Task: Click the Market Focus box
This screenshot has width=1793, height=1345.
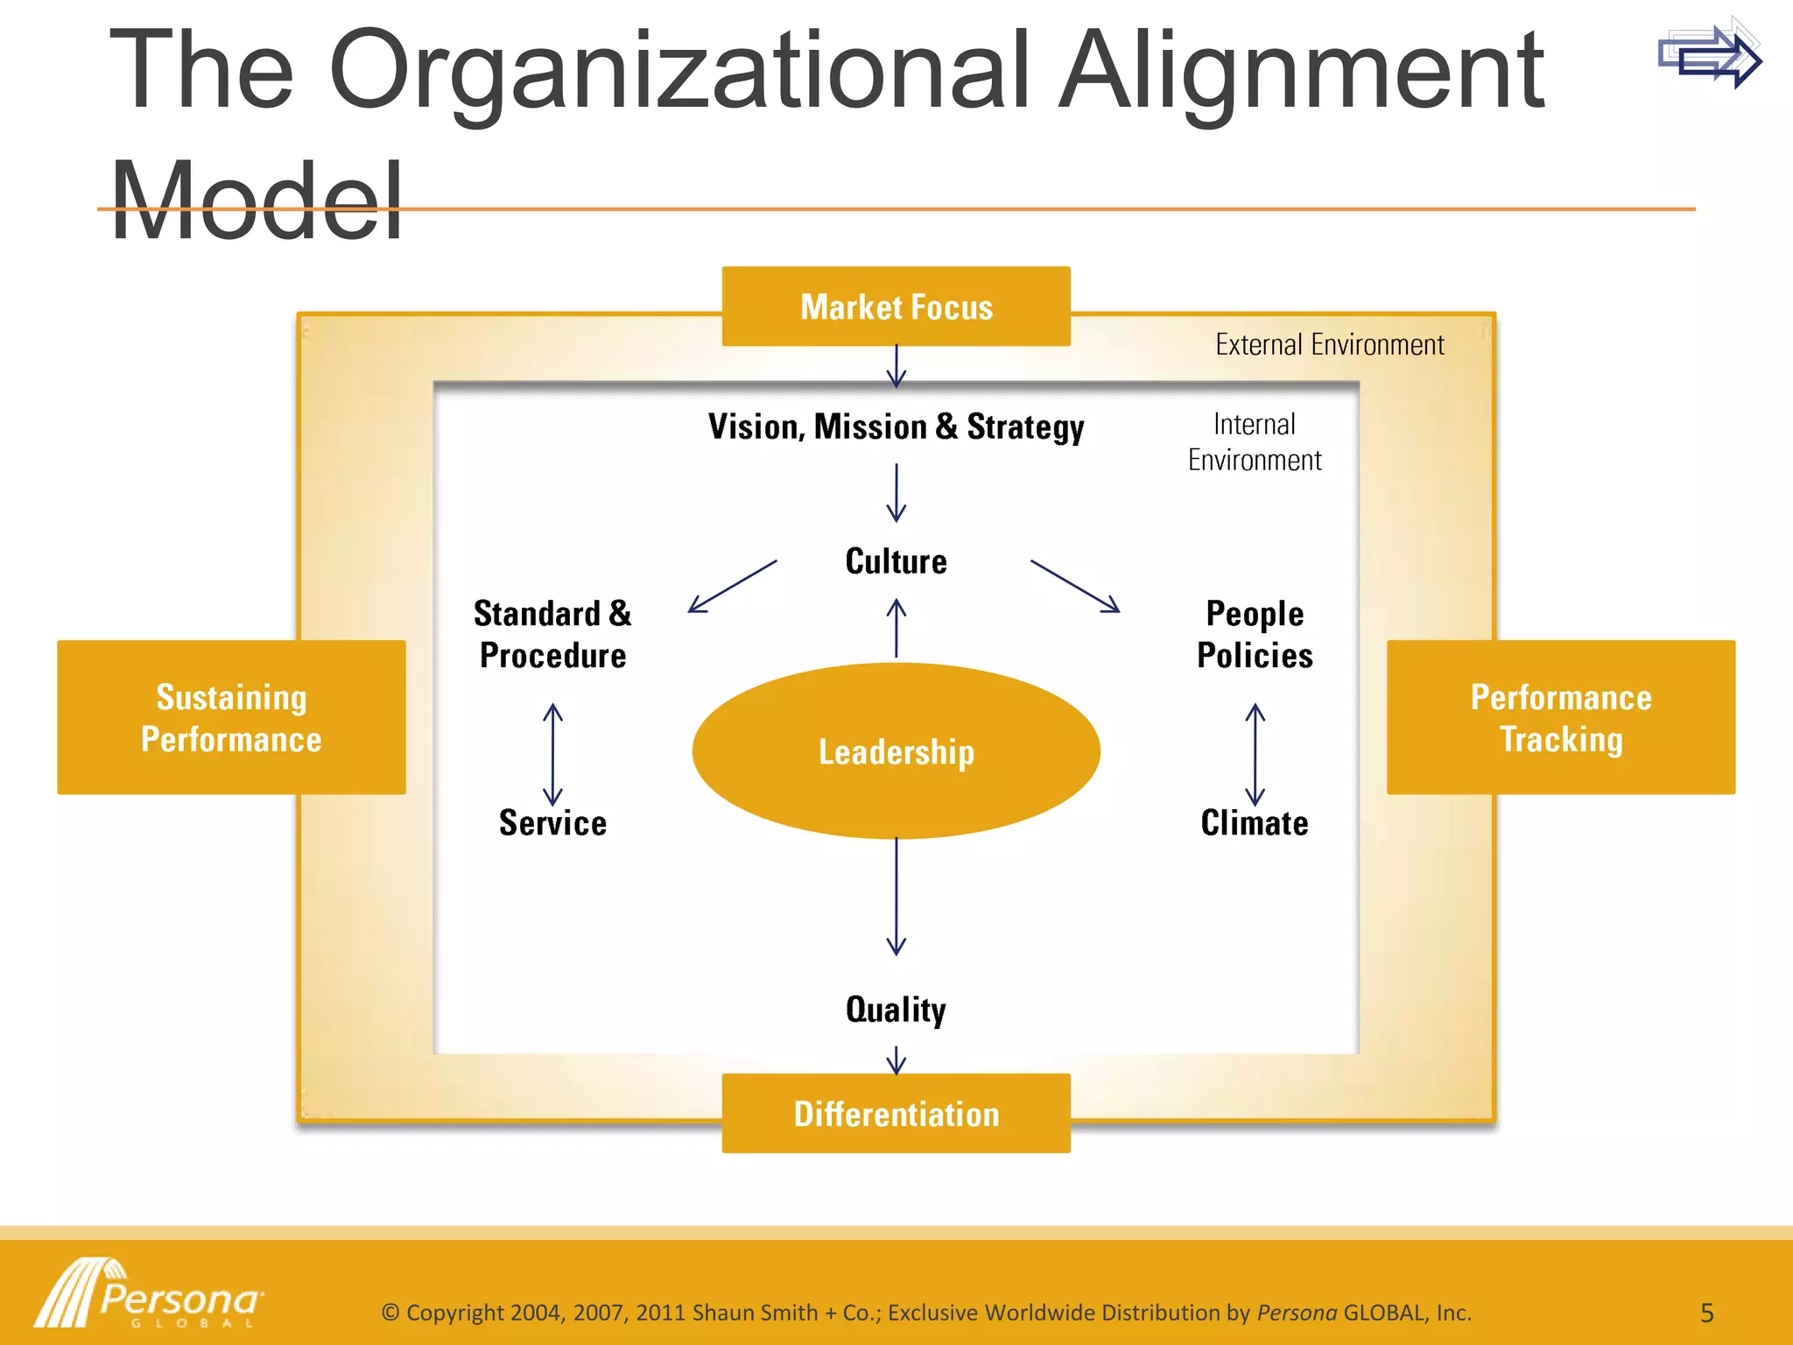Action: click(x=896, y=306)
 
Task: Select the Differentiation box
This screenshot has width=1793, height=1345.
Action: click(x=896, y=1114)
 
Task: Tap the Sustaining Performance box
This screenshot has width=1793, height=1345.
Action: click(x=231, y=717)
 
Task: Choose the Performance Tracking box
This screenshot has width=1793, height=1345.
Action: click(x=1560, y=717)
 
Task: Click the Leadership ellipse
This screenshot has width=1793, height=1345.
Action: click(x=896, y=751)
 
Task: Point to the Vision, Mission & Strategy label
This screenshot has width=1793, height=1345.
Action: click(x=896, y=427)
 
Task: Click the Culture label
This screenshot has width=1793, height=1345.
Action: click(x=896, y=561)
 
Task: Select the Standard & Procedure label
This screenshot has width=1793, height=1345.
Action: click(x=552, y=634)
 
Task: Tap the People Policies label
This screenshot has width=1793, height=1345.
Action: click(x=1255, y=634)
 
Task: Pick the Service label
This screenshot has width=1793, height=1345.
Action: click(x=552, y=823)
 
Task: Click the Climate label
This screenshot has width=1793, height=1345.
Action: click(x=1255, y=823)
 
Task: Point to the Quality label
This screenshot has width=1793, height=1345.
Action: click(x=896, y=1010)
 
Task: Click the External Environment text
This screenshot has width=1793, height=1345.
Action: click(x=1329, y=345)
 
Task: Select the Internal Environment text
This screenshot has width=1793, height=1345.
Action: click(x=1255, y=442)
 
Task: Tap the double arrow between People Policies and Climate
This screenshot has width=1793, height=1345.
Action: click(x=1255, y=754)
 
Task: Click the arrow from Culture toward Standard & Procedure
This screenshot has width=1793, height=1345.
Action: click(x=732, y=586)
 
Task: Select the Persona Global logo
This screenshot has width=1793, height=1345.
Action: click(x=149, y=1294)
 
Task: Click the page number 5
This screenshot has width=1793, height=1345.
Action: click(x=1706, y=1313)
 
